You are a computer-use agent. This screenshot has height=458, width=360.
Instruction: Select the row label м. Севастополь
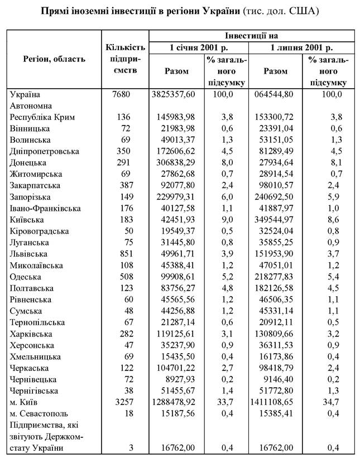(37, 413)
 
